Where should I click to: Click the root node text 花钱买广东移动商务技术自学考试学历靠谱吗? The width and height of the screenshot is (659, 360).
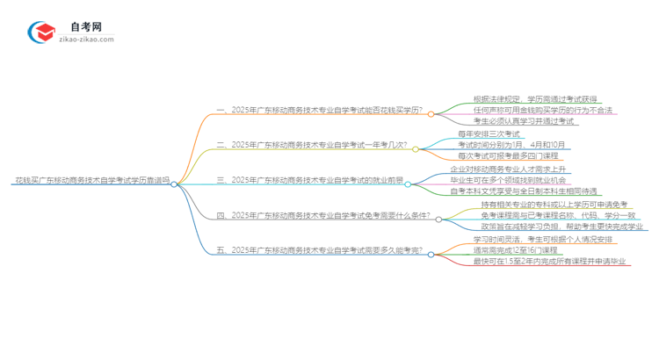click(91, 184)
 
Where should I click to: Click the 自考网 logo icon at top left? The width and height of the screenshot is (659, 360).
click(41, 32)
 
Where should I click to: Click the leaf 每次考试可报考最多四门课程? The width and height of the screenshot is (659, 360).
click(514, 155)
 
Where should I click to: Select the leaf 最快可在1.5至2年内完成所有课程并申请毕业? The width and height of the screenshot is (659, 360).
click(549, 261)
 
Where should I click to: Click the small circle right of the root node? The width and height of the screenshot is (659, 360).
click(174, 184)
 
